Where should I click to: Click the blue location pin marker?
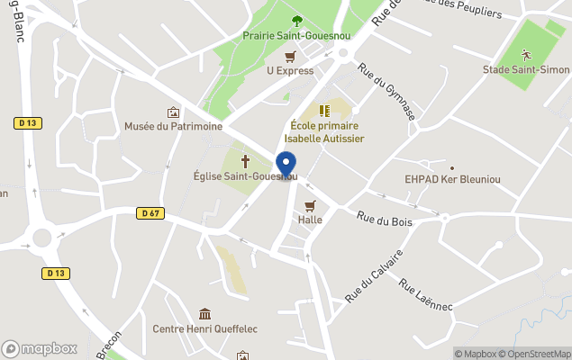pyautogui.click(x=286, y=165)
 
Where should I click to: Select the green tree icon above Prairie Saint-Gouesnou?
pyautogui.click(x=296, y=21)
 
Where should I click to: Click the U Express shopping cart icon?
pyautogui.click(x=289, y=56)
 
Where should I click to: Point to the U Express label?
pyautogui.click(x=289, y=69)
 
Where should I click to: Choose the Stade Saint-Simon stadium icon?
pyautogui.click(x=526, y=55)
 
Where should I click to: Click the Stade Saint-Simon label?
pyautogui.click(x=539, y=69)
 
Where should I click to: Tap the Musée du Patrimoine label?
pyautogui.click(x=173, y=127)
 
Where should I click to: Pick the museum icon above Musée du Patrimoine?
pyautogui.click(x=173, y=112)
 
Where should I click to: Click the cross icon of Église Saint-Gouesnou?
pyautogui.click(x=244, y=160)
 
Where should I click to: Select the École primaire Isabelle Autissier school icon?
pyautogui.click(x=324, y=111)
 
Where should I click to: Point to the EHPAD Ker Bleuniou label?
pyautogui.click(x=452, y=180)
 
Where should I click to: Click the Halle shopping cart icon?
pyautogui.click(x=311, y=205)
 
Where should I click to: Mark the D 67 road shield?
pyautogui.click(x=150, y=213)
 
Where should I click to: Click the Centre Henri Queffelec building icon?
pyautogui.click(x=205, y=314)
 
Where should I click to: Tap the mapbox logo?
pyautogui.click(x=40, y=348)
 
